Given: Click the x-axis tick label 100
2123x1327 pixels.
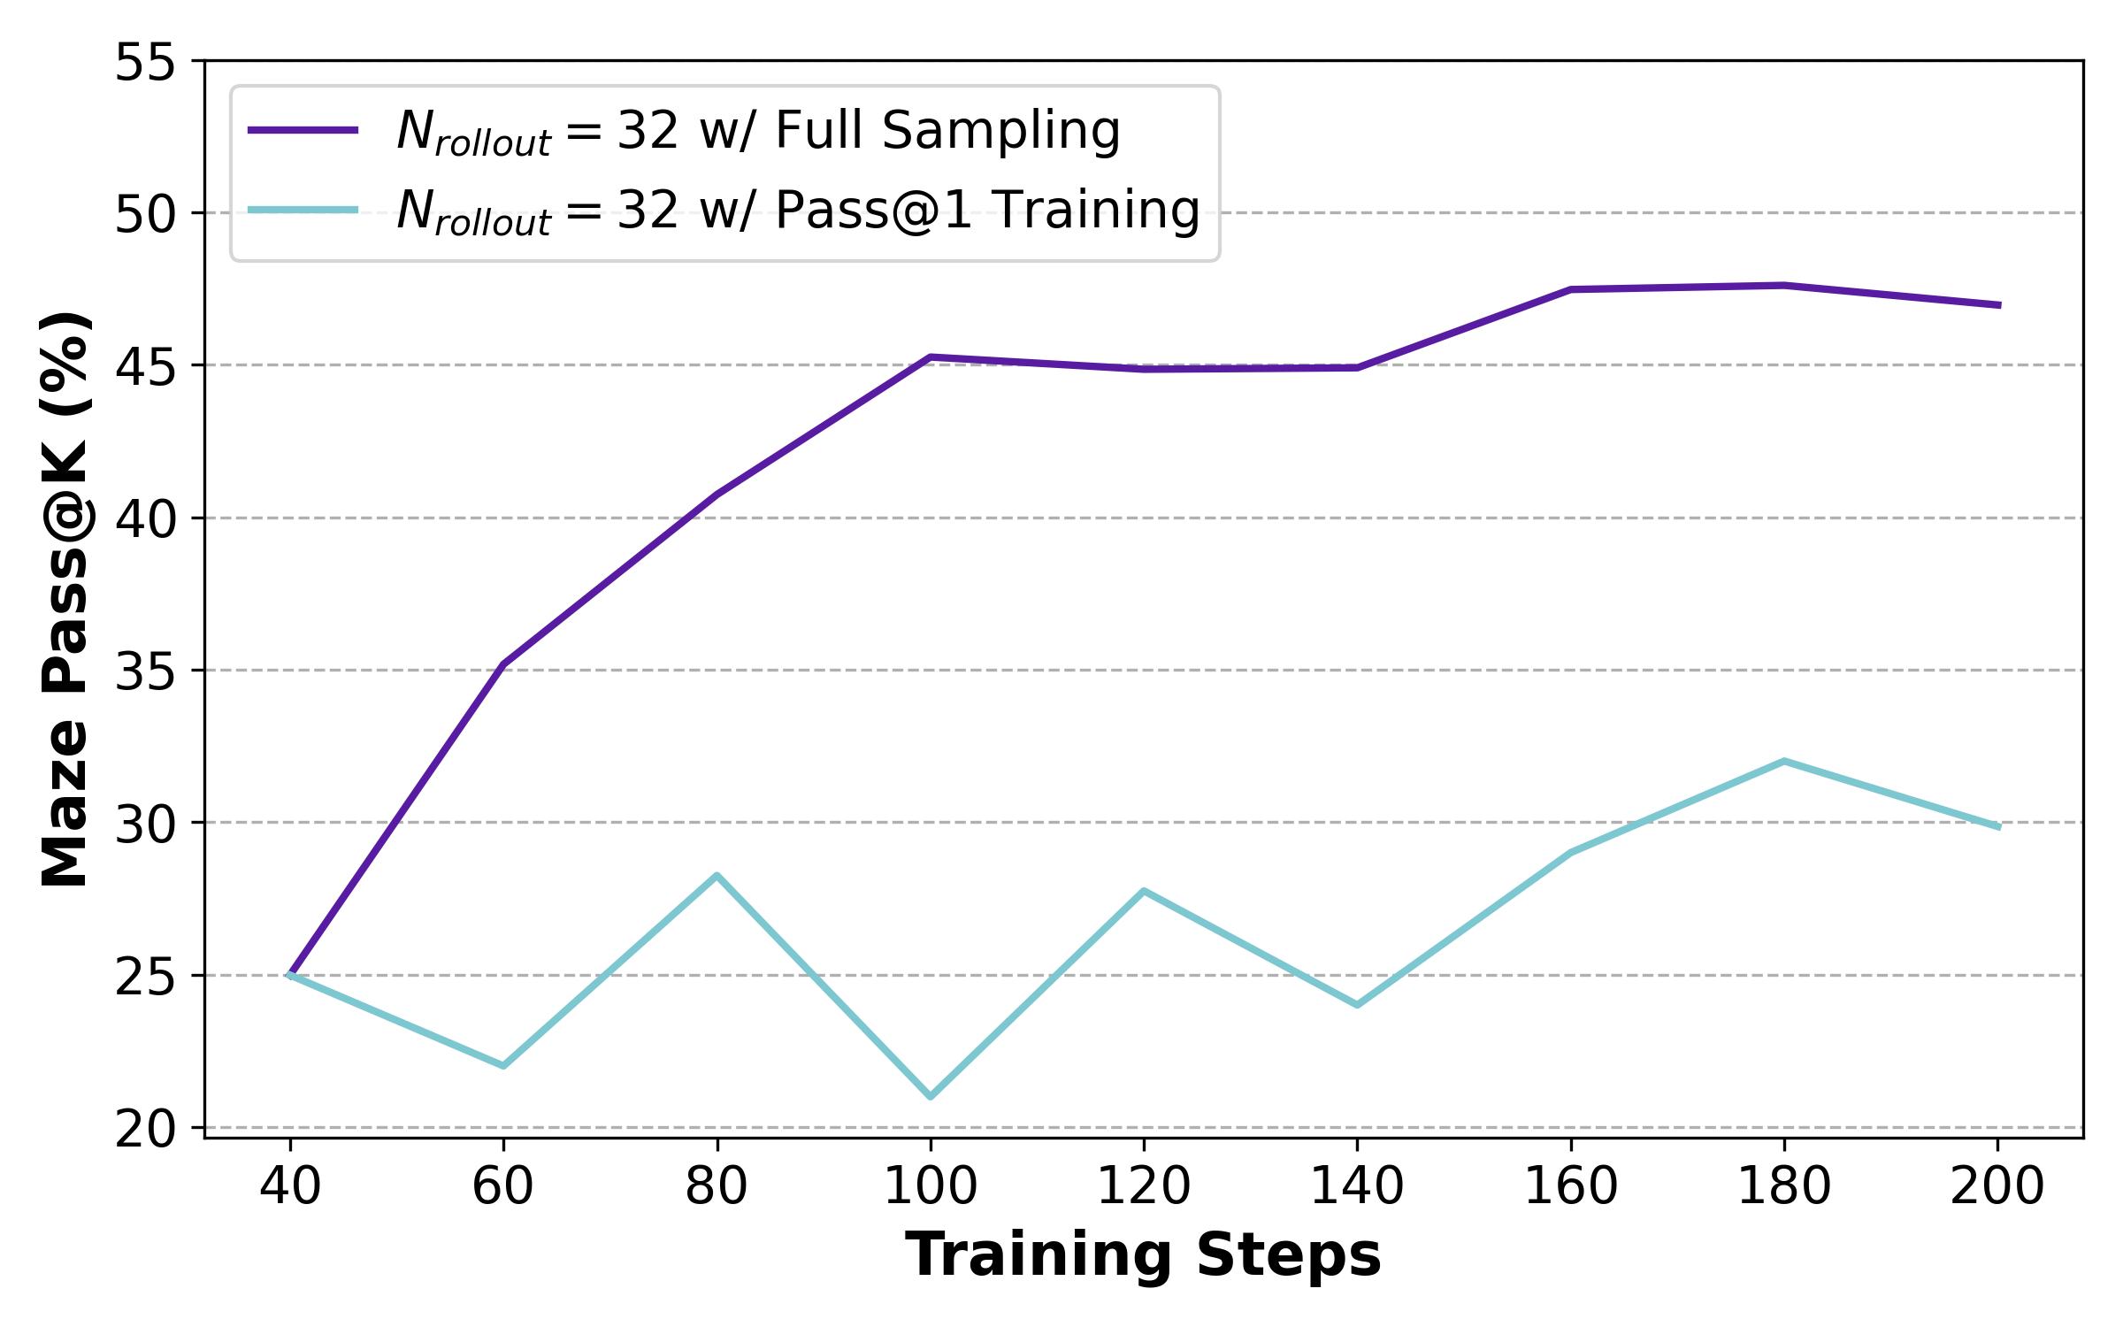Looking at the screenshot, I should [x=931, y=1187].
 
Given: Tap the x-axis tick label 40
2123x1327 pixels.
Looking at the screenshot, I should [x=290, y=1187].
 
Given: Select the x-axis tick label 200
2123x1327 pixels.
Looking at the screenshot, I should [x=1997, y=1187].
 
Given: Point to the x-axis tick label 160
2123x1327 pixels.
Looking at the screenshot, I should [x=1570, y=1187].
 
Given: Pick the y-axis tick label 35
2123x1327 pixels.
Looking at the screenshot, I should [x=146, y=672].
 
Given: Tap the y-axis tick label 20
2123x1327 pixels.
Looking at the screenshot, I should [x=146, y=1130].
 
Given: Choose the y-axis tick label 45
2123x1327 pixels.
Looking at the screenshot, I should [x=146, y=367].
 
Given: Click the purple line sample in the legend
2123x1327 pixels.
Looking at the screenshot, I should [x=303, y=131].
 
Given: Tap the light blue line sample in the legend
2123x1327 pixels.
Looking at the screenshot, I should [x=303, y=211].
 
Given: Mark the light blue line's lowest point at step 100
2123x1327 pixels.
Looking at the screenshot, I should [x=931, y=1097].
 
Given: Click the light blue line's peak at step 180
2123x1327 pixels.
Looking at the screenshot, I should [x=1784, y=761].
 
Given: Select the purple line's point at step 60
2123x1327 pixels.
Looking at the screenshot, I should [x=503, y=664].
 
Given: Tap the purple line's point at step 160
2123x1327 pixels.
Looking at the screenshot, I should [x=1570, y=289].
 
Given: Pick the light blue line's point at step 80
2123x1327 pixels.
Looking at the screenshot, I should [x=717, y=876].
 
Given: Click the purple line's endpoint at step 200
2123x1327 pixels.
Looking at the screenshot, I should [x=1997, y=305].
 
